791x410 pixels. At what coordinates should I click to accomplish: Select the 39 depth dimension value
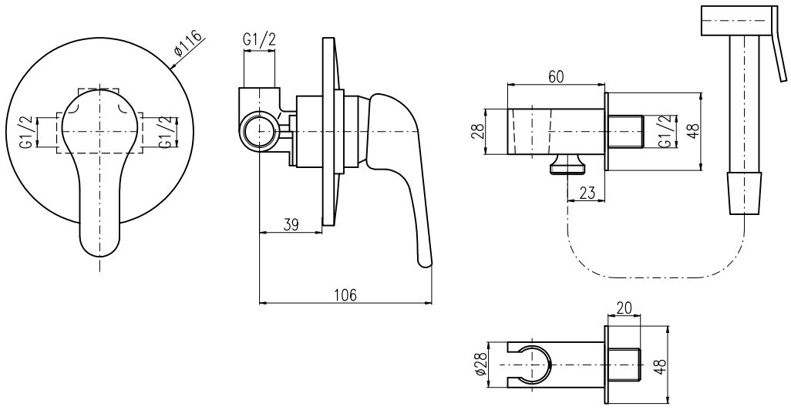[290, 224]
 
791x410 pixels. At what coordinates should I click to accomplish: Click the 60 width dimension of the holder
[556, 76]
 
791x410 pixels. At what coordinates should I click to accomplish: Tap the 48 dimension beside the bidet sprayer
[692, 132]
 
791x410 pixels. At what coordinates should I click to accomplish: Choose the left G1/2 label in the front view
[26, 132]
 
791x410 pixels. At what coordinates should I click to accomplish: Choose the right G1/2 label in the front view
[163, 132]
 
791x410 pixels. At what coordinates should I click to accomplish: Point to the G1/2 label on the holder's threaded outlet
[662, 132]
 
